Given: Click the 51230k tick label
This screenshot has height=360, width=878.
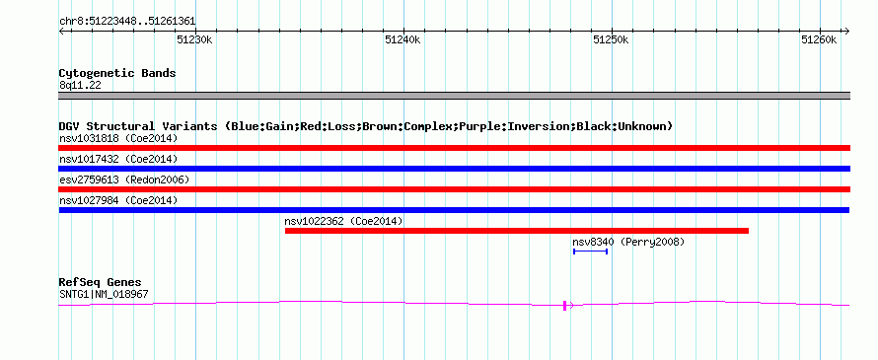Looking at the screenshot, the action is (195, 39).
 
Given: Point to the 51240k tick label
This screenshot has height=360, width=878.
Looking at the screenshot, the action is (402, 39).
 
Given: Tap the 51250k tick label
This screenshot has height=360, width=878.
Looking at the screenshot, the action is (611, 39).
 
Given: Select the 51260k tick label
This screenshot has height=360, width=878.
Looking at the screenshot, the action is (819, 39).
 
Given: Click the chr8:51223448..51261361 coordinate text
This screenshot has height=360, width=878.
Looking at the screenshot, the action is (127, 22).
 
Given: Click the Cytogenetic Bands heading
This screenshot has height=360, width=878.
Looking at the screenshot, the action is (117, 73).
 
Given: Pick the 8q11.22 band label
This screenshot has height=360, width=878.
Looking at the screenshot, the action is (80, 86).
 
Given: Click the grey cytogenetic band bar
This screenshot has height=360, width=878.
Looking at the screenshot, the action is (454, 96).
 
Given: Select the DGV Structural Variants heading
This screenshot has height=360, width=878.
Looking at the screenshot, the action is (366, 126).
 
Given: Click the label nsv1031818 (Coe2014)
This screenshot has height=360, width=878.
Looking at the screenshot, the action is (118, 138).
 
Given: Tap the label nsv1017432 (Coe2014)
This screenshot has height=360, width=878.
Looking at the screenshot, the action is (118, 159).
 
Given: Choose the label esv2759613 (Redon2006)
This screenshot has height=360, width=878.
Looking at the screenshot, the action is (124, 180).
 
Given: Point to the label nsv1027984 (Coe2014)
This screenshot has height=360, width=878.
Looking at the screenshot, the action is (118, 200).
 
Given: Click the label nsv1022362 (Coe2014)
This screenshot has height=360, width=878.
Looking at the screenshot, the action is (344, 221).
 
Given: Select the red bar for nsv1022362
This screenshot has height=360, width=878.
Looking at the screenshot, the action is (517, 231).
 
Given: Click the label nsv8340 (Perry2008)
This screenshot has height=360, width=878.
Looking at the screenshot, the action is (628, 242).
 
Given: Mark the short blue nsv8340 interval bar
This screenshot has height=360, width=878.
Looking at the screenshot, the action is (590, 252).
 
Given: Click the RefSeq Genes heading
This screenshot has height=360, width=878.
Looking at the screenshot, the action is (101, 282).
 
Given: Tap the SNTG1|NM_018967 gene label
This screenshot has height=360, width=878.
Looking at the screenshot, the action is (104, 294).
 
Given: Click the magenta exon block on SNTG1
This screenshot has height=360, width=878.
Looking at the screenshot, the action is (565, 305).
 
